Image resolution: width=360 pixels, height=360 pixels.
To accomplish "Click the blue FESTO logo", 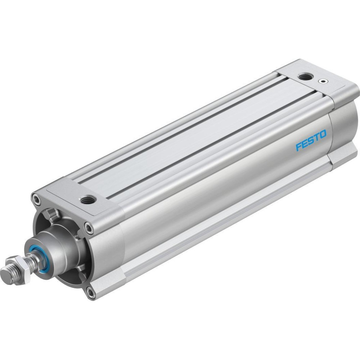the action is [311, 140].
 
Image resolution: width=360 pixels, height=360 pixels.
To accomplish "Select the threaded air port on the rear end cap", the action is [304, 76].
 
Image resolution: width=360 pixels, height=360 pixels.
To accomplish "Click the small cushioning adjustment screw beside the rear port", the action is [323, 81].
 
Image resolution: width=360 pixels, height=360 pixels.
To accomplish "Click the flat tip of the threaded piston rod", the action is [5, 274].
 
